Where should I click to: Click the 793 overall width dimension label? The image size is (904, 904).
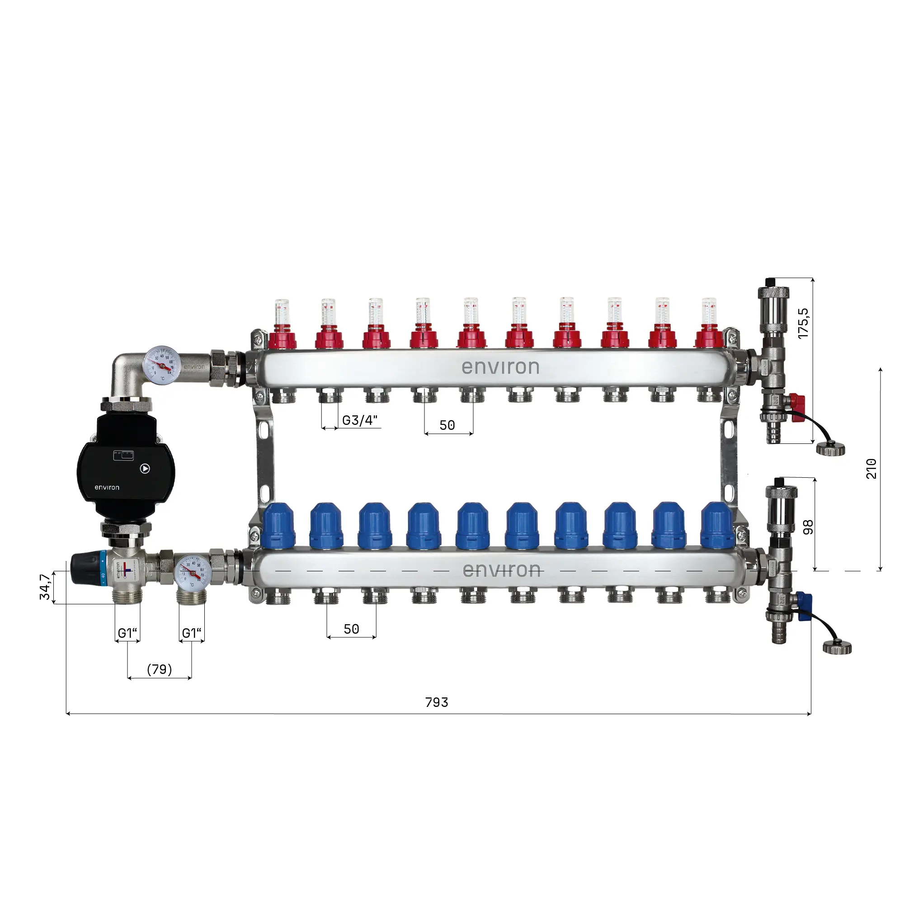437,702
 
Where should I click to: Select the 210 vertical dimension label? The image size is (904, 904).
871,469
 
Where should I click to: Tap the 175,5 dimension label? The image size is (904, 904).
803,323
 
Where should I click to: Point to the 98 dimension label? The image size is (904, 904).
808,527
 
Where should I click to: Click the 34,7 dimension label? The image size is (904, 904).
45,587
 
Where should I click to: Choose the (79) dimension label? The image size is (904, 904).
160,669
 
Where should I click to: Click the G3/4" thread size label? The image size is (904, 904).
360,420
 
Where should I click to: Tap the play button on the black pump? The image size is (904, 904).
145,468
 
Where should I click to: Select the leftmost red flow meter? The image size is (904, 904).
282,325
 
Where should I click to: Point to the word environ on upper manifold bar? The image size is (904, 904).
500,367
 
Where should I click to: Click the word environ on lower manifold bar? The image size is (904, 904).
501,570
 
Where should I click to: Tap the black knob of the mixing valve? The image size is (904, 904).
85,569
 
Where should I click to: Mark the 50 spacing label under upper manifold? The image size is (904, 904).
447,425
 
